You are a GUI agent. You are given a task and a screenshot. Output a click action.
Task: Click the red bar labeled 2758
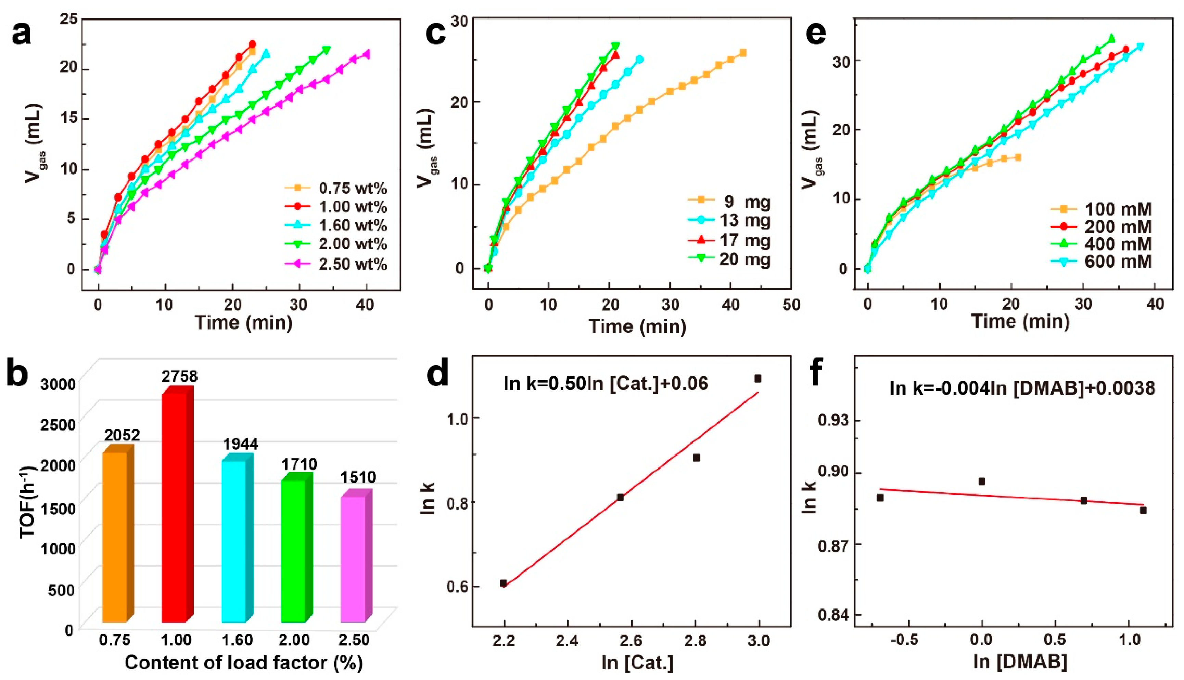(x=174, y=507)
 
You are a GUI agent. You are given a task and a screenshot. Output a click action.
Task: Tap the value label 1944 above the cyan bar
(x=241, y=444)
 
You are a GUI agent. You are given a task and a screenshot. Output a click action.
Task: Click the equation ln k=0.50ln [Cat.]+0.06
(x=606, y=383)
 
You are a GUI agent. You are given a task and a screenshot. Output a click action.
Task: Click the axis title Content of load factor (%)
(x=243, y=663)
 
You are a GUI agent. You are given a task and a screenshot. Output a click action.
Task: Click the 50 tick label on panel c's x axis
(x=790, y=305)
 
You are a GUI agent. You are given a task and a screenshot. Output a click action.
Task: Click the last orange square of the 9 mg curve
(x=743, y=53)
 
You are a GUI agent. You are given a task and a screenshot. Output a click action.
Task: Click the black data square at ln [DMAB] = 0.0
(x=982, y=482)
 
